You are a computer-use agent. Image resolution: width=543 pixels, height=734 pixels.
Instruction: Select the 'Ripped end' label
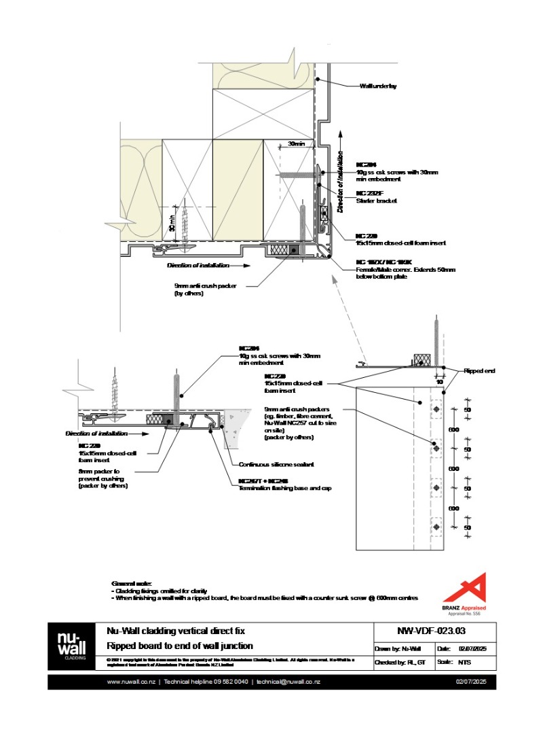point(480,371)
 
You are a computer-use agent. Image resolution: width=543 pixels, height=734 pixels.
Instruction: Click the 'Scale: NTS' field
point(458,661)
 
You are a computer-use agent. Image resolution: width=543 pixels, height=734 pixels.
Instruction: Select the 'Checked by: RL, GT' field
point(400,661)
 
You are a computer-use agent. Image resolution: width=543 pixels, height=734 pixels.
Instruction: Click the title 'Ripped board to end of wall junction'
point(179,646)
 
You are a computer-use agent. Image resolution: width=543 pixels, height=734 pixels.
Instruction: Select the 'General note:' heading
point(132,583)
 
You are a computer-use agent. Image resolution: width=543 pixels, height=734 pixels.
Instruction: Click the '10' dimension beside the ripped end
point(440,382)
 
